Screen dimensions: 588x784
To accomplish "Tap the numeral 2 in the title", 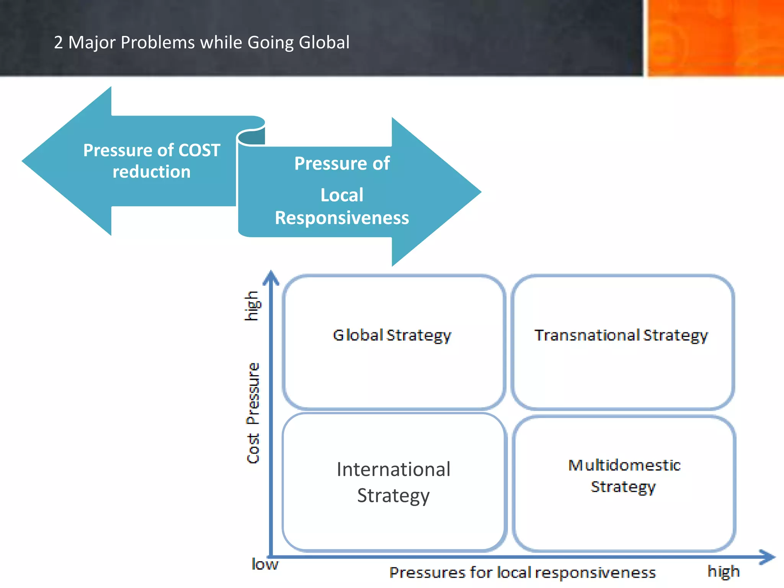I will coord(58,42).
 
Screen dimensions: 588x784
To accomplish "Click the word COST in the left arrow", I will coord(199,150).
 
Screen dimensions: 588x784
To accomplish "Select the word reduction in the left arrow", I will coord(152,171).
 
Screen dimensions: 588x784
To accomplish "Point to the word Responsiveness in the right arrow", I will coord(342,218).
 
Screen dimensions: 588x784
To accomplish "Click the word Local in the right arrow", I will coord(342,195).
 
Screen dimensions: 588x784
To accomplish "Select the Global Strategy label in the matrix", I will coord(392,335).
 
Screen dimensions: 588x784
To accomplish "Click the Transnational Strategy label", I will coord(621,335).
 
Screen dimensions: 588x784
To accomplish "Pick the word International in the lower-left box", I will coord(394,469).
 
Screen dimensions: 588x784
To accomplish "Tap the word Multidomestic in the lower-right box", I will coord(624,465).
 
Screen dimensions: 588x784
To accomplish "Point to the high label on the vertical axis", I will coord(252,305).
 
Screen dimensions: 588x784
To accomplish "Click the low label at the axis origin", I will coord(265,564).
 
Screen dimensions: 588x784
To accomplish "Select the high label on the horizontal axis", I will coord(723,572).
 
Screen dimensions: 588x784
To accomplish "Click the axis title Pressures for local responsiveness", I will coord(522,573).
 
